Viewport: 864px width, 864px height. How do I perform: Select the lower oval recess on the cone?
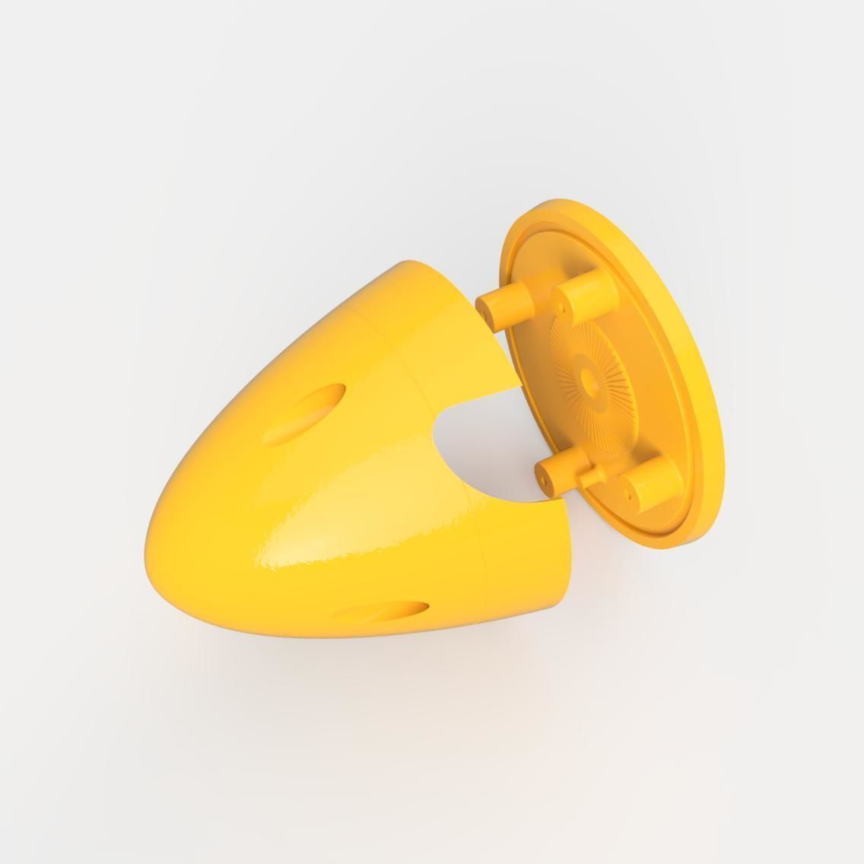click(380, 611)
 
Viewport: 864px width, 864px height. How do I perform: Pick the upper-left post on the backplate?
click(502, 303)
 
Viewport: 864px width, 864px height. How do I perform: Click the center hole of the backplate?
click(588, 376)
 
